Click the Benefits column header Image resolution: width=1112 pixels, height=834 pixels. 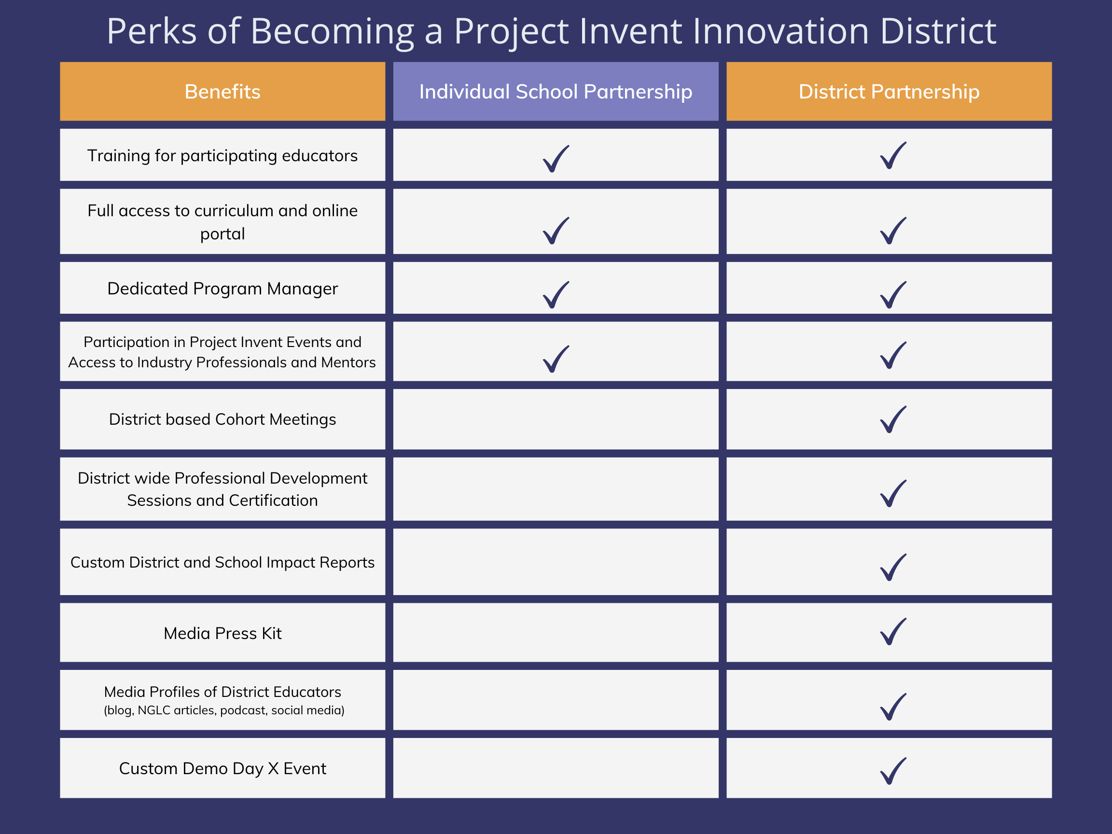pos(222,92)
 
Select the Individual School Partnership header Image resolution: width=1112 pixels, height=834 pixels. pos(556,92)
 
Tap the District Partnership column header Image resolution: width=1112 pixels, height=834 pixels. pos(889,92)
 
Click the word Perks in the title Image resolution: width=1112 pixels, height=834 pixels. pos(152,31)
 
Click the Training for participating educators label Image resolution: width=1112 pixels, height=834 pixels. pos(222,155)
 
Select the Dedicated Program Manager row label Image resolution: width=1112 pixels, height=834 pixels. pos(222,289)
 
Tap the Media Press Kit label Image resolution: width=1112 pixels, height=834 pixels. pos(222,633)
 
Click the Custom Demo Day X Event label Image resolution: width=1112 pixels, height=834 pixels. pos(222,768)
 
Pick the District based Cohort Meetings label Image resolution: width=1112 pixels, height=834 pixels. pos(222,419)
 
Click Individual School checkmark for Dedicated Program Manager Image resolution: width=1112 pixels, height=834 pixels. pos(556,294)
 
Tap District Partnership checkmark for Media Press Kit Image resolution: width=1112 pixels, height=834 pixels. pos(893,631)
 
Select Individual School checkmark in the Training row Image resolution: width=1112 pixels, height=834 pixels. pos(556,159)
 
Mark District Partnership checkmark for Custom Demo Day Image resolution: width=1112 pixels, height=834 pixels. pos(893,771)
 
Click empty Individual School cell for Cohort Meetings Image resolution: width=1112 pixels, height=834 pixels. pos(556,419)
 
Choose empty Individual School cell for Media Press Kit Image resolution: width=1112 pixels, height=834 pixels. pos(556,632)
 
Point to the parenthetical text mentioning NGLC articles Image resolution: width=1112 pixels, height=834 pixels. pos(224,710)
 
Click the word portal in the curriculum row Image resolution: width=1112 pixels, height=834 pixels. pos(222,234)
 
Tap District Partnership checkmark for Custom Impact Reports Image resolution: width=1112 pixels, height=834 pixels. pos(893,567)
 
